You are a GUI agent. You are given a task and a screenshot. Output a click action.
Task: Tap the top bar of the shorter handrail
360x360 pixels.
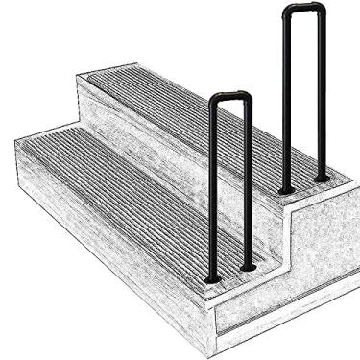(x=230, y=96)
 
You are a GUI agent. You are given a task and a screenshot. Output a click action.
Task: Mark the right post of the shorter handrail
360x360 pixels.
(x=248, y=182)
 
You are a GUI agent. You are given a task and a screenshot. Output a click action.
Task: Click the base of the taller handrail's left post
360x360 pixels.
(x=285, y=189)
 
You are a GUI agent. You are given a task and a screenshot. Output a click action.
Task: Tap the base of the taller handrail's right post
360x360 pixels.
(x=323, y=179)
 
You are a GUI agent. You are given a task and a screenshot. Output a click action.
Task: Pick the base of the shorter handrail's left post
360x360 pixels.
(x=213, y=279)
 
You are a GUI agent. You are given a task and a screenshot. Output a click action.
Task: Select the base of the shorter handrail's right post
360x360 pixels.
(x=249, y=266)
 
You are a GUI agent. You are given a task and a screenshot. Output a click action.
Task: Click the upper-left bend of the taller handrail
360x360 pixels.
(x=288, y=12)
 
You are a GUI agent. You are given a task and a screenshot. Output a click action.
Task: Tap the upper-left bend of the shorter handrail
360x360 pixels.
(x=215, y=101)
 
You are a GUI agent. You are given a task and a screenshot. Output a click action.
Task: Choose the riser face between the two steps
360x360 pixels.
(x=144, y=144)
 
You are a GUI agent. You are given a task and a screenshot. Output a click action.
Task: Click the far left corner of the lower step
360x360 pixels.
(x=16, y=142)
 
